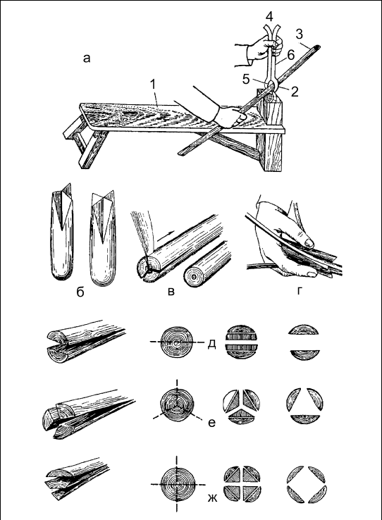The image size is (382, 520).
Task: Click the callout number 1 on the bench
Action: (x=152, y=85)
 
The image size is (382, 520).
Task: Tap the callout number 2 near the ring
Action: (x=295, y=92)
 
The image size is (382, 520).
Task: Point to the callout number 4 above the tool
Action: (x=269, y=17)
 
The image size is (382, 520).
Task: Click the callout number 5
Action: (x=246, y=80)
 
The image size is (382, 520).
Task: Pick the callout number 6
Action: (x=291, y=55)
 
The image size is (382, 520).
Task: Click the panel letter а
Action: (x=87, y=59)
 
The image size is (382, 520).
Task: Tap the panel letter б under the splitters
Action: (x=80, y=292)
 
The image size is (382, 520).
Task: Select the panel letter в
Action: (x=171, y=292)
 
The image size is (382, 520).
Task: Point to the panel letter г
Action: (x=300, y=291)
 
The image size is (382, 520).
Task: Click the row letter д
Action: (x=211, y=345)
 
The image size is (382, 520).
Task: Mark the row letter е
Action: (x=212, y=423)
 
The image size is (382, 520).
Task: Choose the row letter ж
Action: (x=212, y=497)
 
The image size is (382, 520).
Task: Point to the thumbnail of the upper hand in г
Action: (x=309, y=242)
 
